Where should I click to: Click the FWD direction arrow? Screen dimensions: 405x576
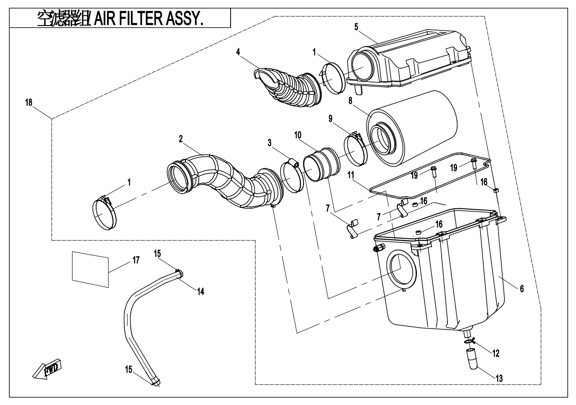click(x=47, y=369)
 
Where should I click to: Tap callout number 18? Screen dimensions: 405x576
click(x=29, y=103)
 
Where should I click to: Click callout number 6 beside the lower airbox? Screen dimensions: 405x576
click(x=522, y=288)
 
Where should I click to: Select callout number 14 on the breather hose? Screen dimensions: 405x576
click(x=200, y=292)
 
